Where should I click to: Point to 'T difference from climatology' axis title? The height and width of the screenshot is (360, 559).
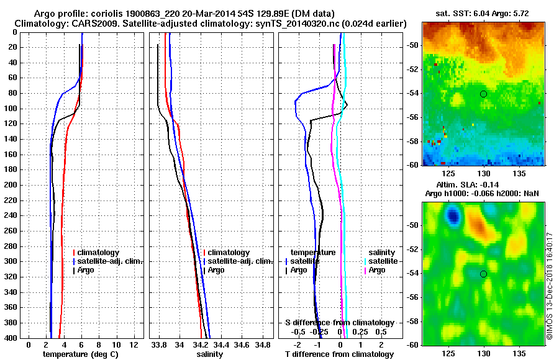point(339,354)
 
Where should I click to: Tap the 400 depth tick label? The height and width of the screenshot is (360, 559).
point(10,338)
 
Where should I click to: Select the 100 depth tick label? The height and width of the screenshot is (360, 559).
point(10,109)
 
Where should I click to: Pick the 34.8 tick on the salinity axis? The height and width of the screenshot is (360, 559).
point(263,344)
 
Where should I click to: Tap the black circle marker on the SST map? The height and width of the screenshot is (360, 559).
point(483,94)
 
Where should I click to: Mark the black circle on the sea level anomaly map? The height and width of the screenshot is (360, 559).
point(483,274)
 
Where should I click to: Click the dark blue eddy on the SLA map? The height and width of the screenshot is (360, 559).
point(453,215)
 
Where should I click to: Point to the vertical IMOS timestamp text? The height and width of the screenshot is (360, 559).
point(550,286)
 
